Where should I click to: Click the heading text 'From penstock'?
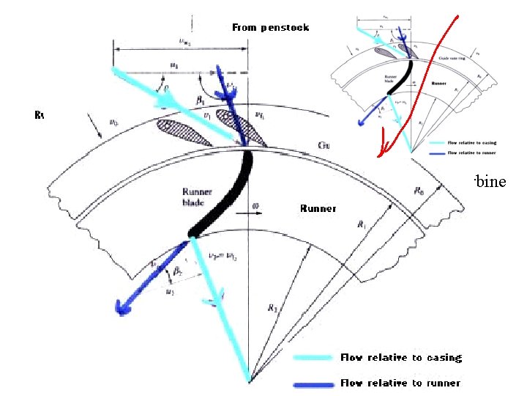tap(270, 27)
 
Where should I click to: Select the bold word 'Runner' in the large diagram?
tap(318, 208)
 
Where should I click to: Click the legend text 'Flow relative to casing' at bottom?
tap(400, 358)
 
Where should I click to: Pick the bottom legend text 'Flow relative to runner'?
tap(400, 383)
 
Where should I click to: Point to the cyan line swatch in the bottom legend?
tap(313, 359)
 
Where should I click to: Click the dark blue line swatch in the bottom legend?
tap(313, 384)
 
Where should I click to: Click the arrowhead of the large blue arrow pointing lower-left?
tap(116, 305)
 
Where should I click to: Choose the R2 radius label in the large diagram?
tap(272, 309)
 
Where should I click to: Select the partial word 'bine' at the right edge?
tap(490, 181)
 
